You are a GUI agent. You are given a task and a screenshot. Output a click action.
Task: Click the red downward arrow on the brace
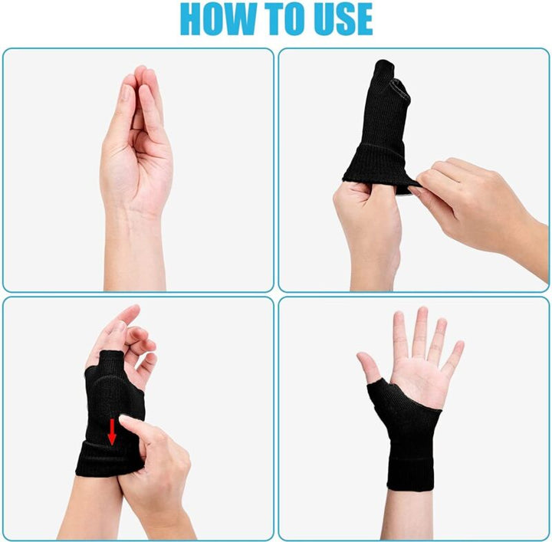(x=112, y=430)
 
